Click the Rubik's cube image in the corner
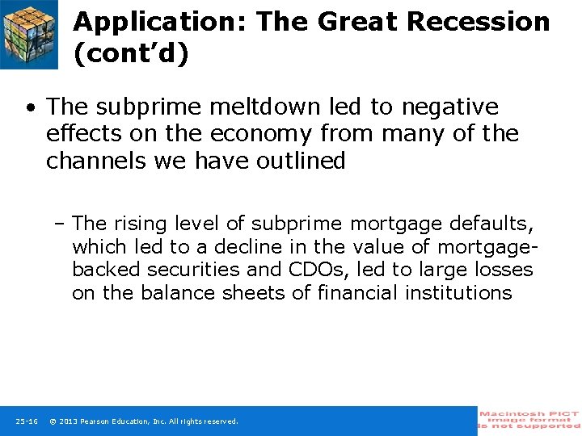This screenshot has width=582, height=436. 29,34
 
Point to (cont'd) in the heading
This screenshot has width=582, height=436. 130,53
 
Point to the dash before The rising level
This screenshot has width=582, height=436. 61,224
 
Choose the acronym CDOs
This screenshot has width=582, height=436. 318,270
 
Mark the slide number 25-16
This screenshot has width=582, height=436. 26,421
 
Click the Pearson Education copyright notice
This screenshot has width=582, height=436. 144,421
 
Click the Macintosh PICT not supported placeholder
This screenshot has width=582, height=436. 529,420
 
